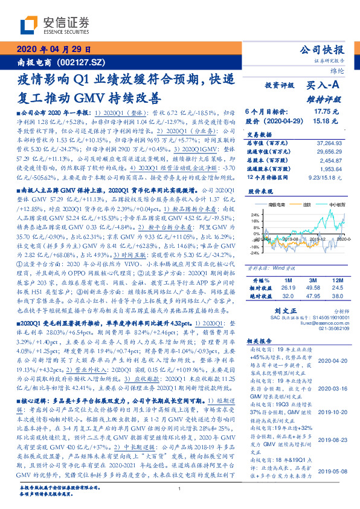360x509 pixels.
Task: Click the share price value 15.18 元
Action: tap(326, 120)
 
